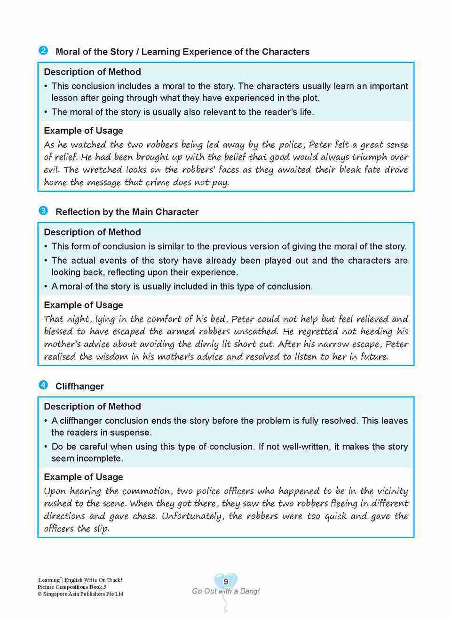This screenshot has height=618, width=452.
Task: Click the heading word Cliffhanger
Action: coord(79,386)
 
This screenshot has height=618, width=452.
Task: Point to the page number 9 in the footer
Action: coord(226,582)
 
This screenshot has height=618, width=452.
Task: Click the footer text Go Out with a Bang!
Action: coord(226,591)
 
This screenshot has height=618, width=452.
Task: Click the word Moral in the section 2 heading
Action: coord(68,52)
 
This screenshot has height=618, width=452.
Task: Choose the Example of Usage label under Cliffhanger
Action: coord(83,477)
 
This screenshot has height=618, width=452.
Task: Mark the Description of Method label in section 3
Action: coord(92,232)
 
